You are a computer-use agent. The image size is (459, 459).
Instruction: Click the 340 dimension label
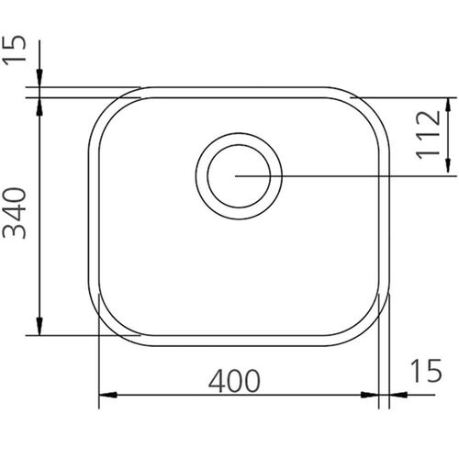(x=15, y=213)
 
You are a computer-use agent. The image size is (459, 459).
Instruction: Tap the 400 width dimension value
(x=234, y=381)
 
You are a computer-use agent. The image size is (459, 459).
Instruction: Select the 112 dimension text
(x=429, y=135)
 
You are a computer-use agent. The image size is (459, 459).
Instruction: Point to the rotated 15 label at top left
(x=15, y=50)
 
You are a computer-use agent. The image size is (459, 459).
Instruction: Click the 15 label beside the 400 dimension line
(x=427, y=370)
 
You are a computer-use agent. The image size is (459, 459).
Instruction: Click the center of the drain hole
(x=239, y=176)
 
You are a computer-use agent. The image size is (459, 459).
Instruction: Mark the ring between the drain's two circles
(x=202, y=176)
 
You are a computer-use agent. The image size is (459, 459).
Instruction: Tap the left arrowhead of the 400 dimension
(x=107, y=395)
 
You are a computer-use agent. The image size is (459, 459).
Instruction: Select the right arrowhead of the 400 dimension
(x=370, y=395)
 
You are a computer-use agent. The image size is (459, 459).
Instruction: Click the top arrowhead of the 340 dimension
(x=39, y=106)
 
